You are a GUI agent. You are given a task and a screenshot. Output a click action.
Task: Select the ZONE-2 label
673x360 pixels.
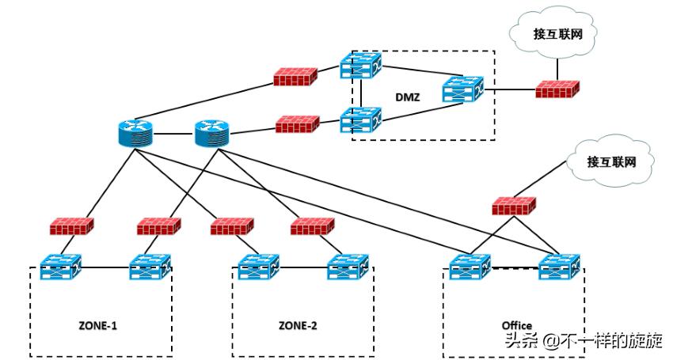coord(298,325)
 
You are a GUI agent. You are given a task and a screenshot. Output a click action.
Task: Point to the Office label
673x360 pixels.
coord(517,325)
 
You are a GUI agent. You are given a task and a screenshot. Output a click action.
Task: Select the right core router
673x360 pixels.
coord(210,134)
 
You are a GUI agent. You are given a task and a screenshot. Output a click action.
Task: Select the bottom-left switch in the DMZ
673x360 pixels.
coord(360,121)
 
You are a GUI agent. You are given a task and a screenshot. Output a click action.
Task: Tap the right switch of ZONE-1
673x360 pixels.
coord(150,267)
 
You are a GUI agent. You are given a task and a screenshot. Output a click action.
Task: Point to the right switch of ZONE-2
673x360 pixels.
coord(348,267)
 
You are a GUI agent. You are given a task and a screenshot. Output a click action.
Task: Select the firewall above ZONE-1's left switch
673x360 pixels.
coord(72,227)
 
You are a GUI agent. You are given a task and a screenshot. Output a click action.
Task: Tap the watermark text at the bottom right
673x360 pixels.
coord(587,339)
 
